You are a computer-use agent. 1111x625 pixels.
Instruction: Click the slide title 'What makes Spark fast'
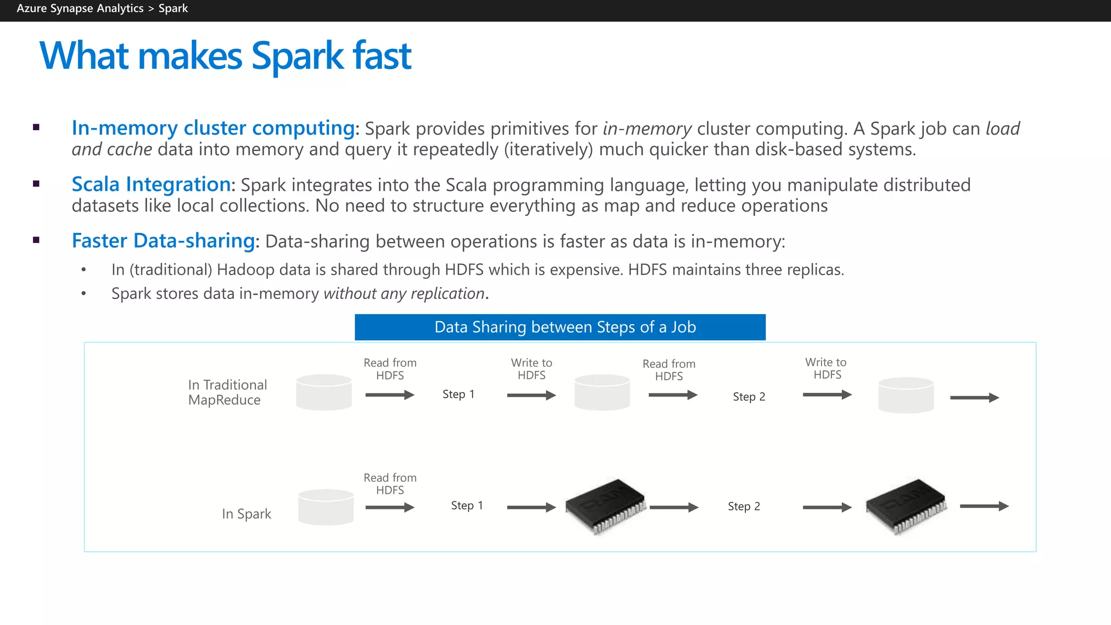tap(225, 56)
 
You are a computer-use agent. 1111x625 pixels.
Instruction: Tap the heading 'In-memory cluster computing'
tap(213, 128)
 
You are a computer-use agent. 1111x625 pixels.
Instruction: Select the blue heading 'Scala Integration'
tap(151, 184)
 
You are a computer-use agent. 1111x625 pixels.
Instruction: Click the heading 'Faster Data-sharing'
tap(163, 241)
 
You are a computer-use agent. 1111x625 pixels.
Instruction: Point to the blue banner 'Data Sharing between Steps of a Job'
tap(560, 327)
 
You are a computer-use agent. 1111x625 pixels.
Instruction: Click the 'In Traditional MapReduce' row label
tap(227, 392)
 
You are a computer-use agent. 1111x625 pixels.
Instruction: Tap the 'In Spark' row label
tap(246, 513)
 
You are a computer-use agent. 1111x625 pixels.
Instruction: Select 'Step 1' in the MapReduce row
tap(458, 394)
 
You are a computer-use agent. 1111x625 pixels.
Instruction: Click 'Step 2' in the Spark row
tap(744, 506)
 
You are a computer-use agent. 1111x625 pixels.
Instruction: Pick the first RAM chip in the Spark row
tap(605, 506)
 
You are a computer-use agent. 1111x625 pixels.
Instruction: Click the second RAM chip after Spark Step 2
tap(906, 506)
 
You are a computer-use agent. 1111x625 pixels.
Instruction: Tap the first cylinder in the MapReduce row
tap(324, 392)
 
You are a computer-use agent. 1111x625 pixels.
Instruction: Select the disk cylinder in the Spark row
tap(325, 507)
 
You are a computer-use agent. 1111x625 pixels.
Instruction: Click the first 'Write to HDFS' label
tap(531, 369)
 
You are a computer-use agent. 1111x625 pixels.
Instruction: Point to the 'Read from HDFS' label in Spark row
tap(390, 483)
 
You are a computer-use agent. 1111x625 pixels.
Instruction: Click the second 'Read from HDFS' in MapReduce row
tap(669, 370)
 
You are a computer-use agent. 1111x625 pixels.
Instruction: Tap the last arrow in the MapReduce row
tap(974, 398)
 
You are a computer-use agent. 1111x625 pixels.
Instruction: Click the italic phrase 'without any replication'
tap(404, 294)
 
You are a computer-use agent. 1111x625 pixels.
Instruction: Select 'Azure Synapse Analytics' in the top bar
tap(80, 9)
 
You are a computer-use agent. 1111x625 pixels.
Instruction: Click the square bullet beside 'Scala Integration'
tap(36, 184)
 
